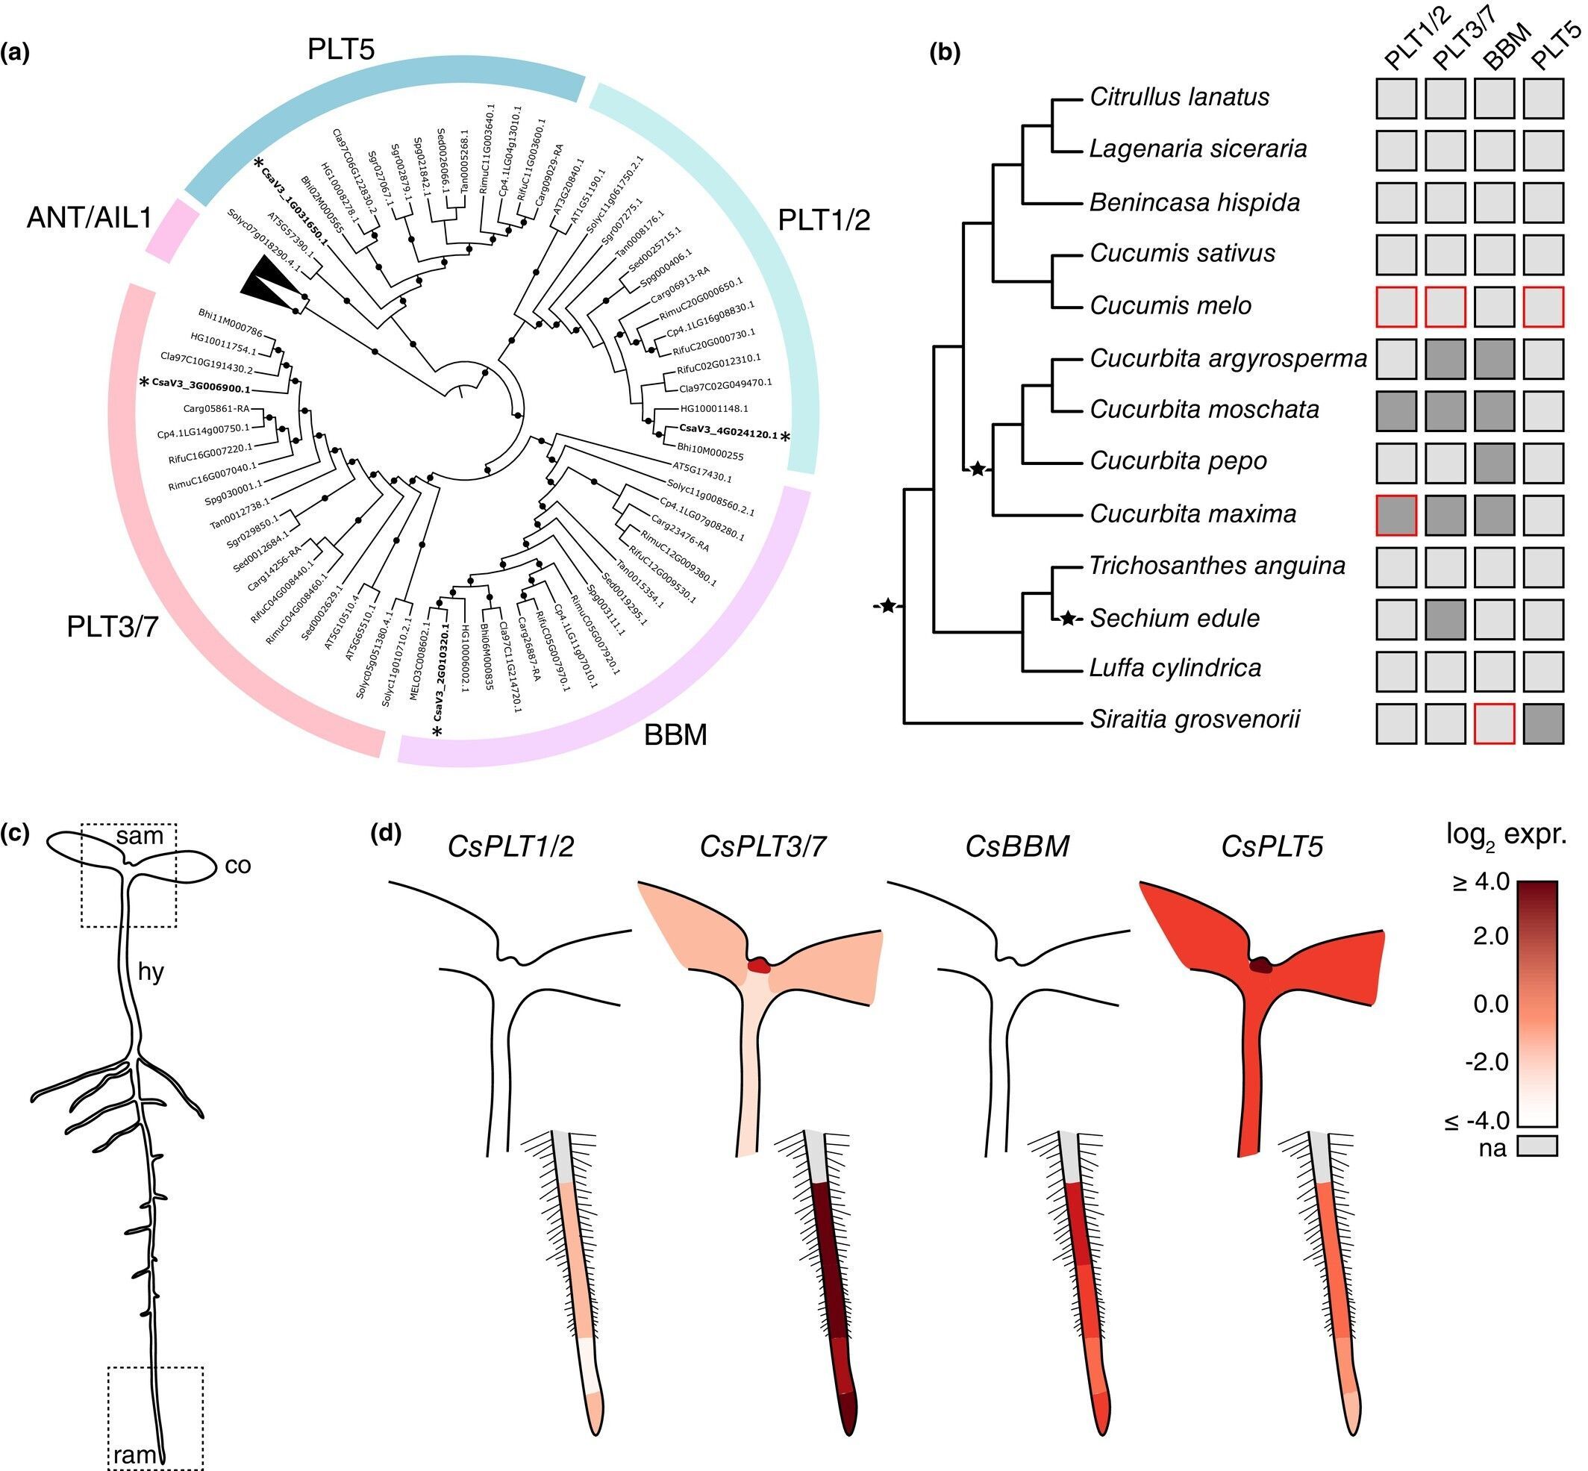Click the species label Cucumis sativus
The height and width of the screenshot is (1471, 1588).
(x=1182, y=254)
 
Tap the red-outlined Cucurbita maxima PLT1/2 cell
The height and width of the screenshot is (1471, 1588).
(x=1396, y=515)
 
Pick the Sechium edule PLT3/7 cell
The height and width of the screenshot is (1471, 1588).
(x=1445, y=619)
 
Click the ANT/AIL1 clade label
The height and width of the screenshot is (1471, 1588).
(x=89, y=217)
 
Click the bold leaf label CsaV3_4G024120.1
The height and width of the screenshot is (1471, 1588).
(x=728, y=435)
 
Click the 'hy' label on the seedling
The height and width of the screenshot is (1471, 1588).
(x=151, y=972)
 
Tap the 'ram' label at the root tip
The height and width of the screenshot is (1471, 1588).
(x=134, y=1455)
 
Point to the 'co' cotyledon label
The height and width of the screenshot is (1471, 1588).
(x=238, y=865)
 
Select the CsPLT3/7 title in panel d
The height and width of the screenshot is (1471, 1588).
(x=763, y=846)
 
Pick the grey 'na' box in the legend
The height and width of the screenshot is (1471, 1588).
(x=1537, y=1146)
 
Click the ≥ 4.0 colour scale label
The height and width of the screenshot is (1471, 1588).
(x=1481, y=882)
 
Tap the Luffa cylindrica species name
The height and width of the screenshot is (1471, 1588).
(x=1175, y=668)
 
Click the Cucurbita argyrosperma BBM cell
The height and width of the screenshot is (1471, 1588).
(x=1494, y=359)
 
